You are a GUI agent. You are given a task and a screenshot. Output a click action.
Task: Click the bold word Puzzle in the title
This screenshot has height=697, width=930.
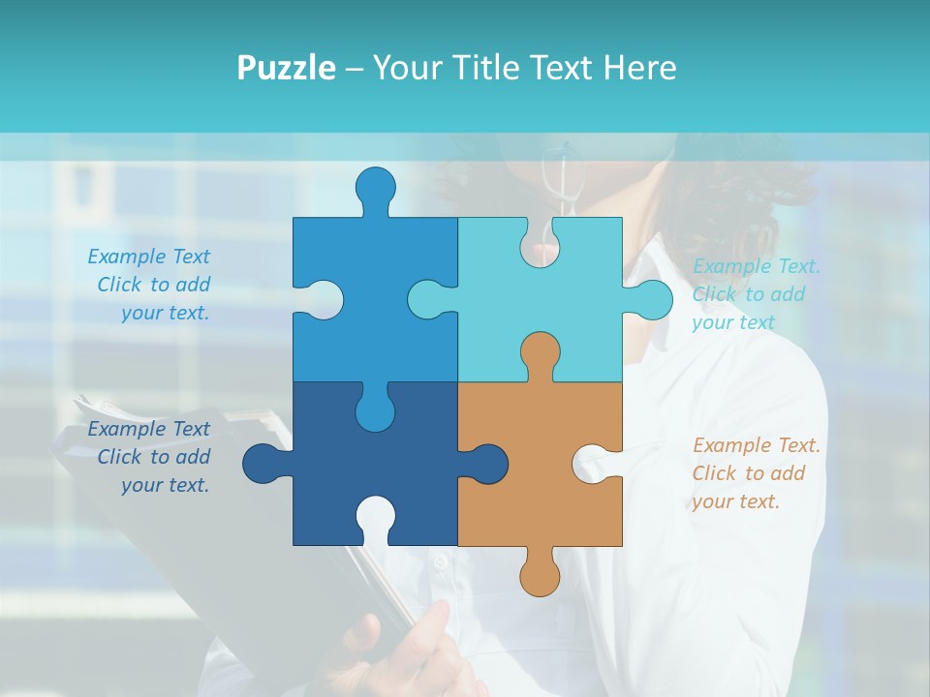[x=287, y=68]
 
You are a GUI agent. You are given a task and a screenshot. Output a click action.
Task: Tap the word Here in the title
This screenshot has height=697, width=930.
[x=639, y=68]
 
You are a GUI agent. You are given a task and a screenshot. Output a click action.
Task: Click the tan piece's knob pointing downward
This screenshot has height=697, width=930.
[x=540, y=575]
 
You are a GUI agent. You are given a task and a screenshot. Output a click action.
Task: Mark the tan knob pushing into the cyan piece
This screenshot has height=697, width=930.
[x=540, y=352]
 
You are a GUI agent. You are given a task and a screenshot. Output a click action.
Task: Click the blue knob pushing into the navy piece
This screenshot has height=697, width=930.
[x=375, y=410]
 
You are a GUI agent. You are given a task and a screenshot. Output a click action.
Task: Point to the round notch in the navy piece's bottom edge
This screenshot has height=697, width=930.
[x=375, y=518]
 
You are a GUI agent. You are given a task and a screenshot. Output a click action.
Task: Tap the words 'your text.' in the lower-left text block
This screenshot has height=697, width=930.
[x=166, y=485]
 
